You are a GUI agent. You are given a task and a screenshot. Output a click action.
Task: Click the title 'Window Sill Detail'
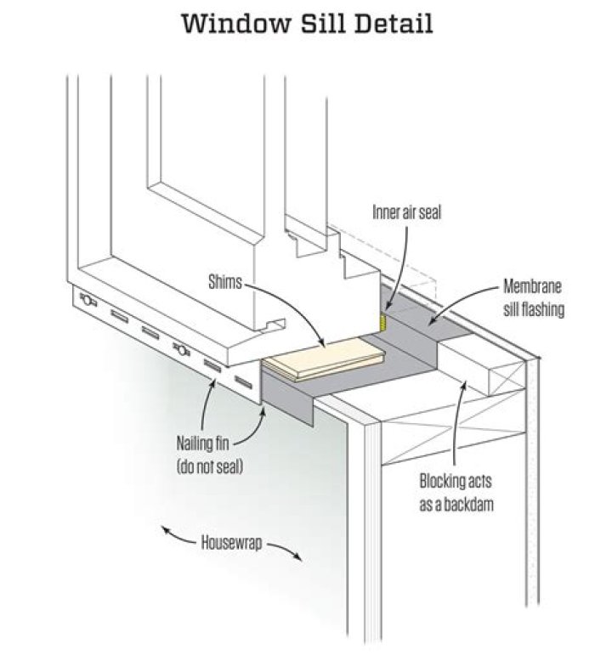point(307,23)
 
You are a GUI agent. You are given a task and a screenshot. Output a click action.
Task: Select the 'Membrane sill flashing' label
point(532,296)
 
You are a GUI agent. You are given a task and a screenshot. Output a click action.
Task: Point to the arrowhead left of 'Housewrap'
point(167,532)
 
